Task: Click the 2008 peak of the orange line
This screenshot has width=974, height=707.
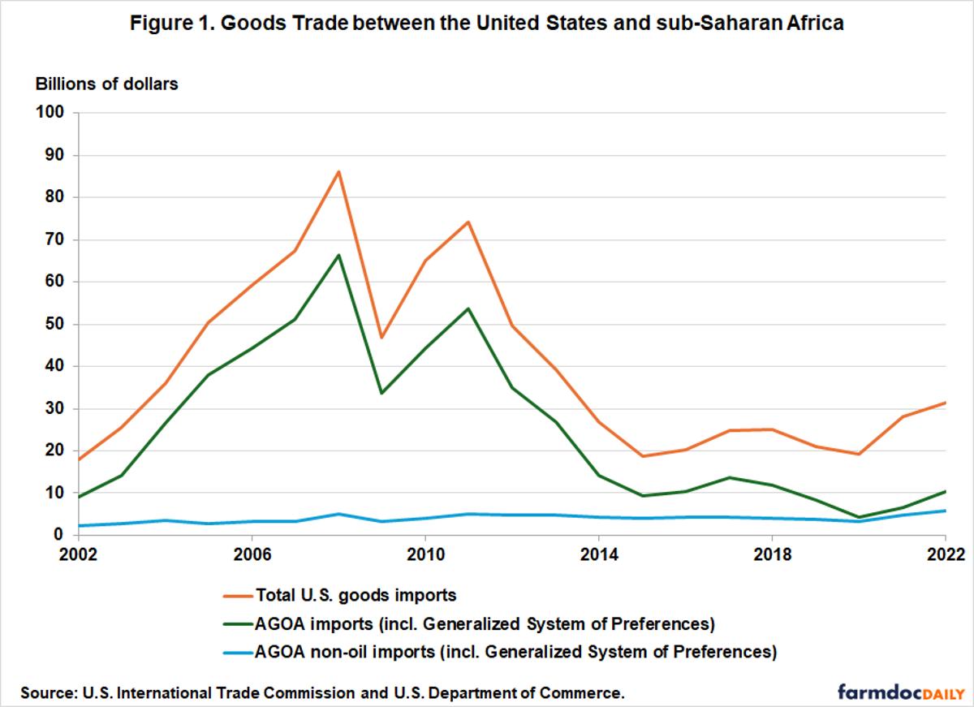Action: tap(338, 171)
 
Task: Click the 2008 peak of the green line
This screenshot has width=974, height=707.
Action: tap(338, 255)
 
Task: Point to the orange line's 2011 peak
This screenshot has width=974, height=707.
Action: tap(468, 222)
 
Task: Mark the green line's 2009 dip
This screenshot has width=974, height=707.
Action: tap(381, 393)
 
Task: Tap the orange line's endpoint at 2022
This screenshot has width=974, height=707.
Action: tap(945, 403)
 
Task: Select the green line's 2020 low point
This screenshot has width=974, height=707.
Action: tap(858, 517)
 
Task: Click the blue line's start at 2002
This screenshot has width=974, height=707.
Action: tap(79, 526)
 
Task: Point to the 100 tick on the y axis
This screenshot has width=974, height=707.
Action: tap(50, 113)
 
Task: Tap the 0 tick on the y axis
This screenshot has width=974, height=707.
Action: tap(59, 535)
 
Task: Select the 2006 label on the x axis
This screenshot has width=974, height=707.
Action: tap(252, 555)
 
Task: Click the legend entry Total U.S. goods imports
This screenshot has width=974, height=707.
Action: tap(356, 595)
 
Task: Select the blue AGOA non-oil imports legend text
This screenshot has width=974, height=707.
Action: tap(516, 651)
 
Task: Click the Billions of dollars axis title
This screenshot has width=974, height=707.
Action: tap(106, 84)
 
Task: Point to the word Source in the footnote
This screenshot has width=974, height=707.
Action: tap(46, 693)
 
